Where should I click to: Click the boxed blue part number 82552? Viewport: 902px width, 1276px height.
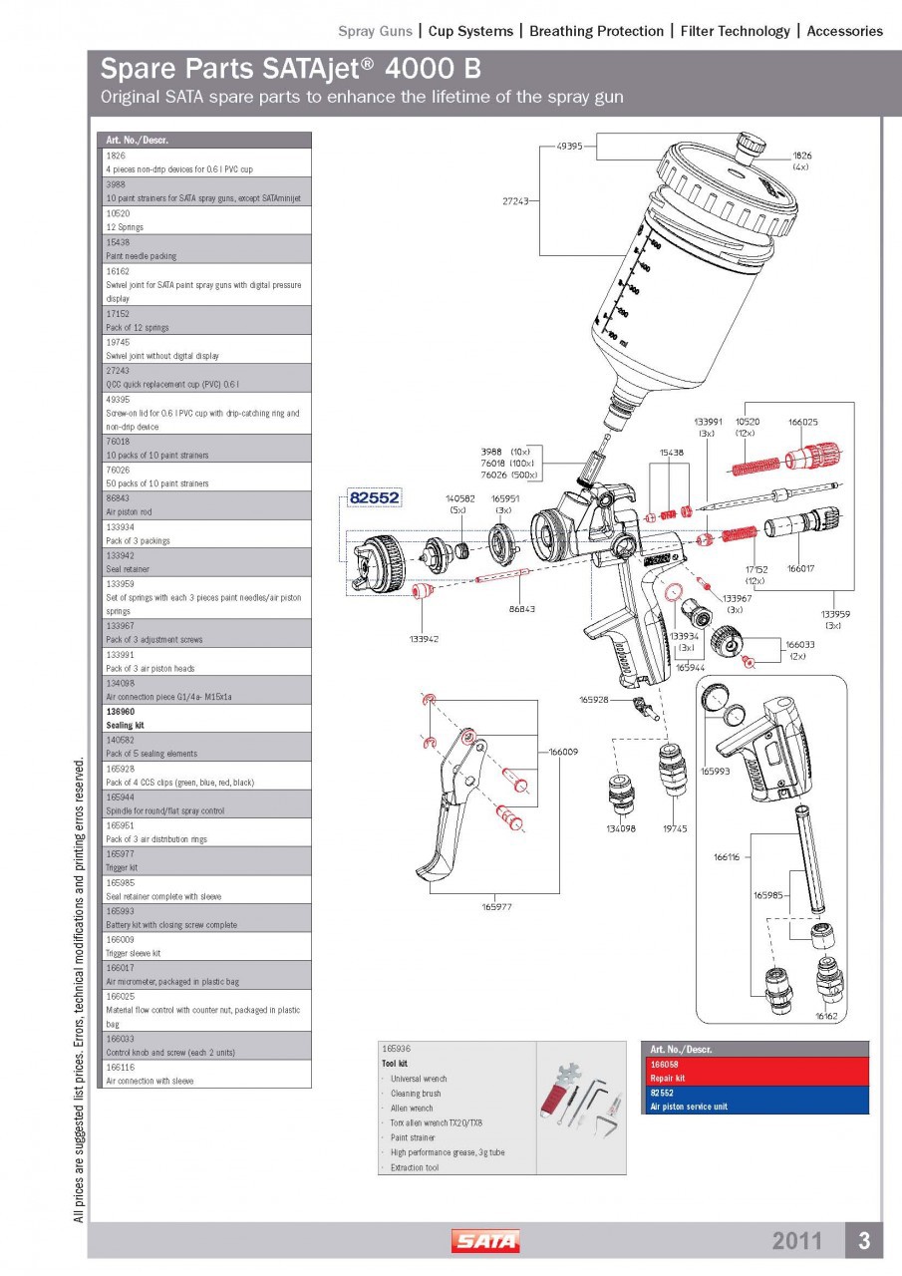[x=374, y=497]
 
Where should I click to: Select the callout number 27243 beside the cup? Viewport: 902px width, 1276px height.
[x=515, y=200]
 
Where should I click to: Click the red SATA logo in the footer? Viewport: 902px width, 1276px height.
[x=485, y=1241]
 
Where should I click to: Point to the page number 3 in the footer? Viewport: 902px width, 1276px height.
[x=864, y=1241]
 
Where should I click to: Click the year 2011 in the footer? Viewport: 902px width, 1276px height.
[x=797, y=1241]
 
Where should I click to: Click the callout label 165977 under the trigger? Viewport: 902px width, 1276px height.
[x=497, y=906]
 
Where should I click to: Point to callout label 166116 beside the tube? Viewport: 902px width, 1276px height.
[x=729, y=856]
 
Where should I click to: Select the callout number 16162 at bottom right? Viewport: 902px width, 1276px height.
[x=826, y=1016]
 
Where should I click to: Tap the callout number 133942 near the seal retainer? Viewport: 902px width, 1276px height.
[x=426, y=637]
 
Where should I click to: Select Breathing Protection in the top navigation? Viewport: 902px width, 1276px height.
[x=596, y=31]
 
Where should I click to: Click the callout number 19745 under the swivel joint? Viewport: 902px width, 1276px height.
[x=676, y=828]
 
